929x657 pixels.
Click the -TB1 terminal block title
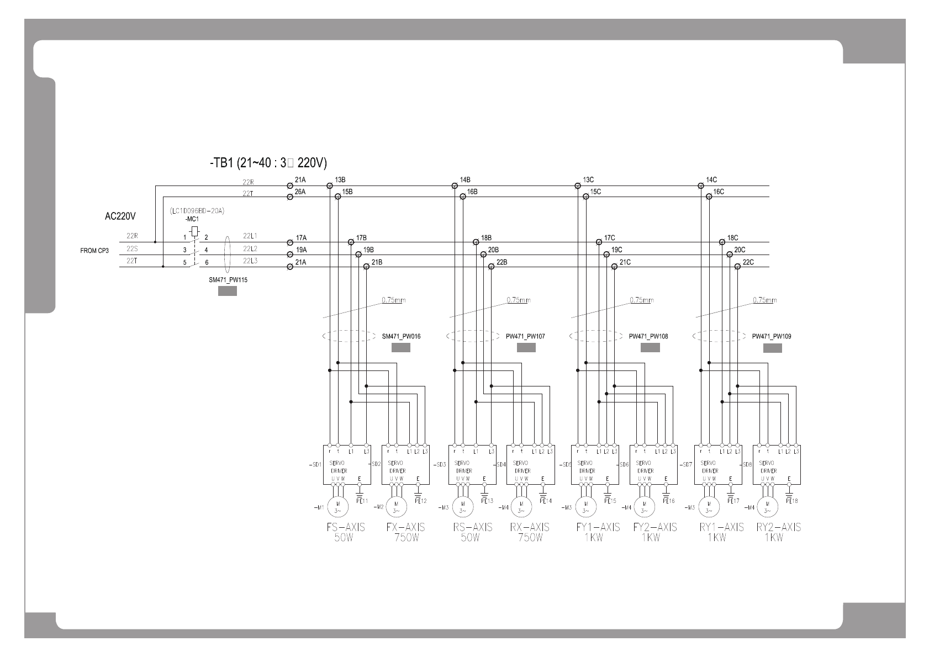268,163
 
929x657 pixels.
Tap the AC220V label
120,216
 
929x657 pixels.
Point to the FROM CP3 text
94,251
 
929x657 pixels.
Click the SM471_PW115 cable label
228,280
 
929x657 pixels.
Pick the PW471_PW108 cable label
648,336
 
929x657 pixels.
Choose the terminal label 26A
300,192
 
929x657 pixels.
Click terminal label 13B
340,180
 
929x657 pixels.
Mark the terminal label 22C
748,262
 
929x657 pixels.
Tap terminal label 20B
493,250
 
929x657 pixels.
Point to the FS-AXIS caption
346,527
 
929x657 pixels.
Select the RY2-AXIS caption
778,527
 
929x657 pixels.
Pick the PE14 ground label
545,501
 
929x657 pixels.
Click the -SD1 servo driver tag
315,465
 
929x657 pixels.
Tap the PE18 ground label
791,501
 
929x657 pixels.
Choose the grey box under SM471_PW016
400,348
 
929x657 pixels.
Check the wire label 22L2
250,248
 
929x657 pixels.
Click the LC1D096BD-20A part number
197,211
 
